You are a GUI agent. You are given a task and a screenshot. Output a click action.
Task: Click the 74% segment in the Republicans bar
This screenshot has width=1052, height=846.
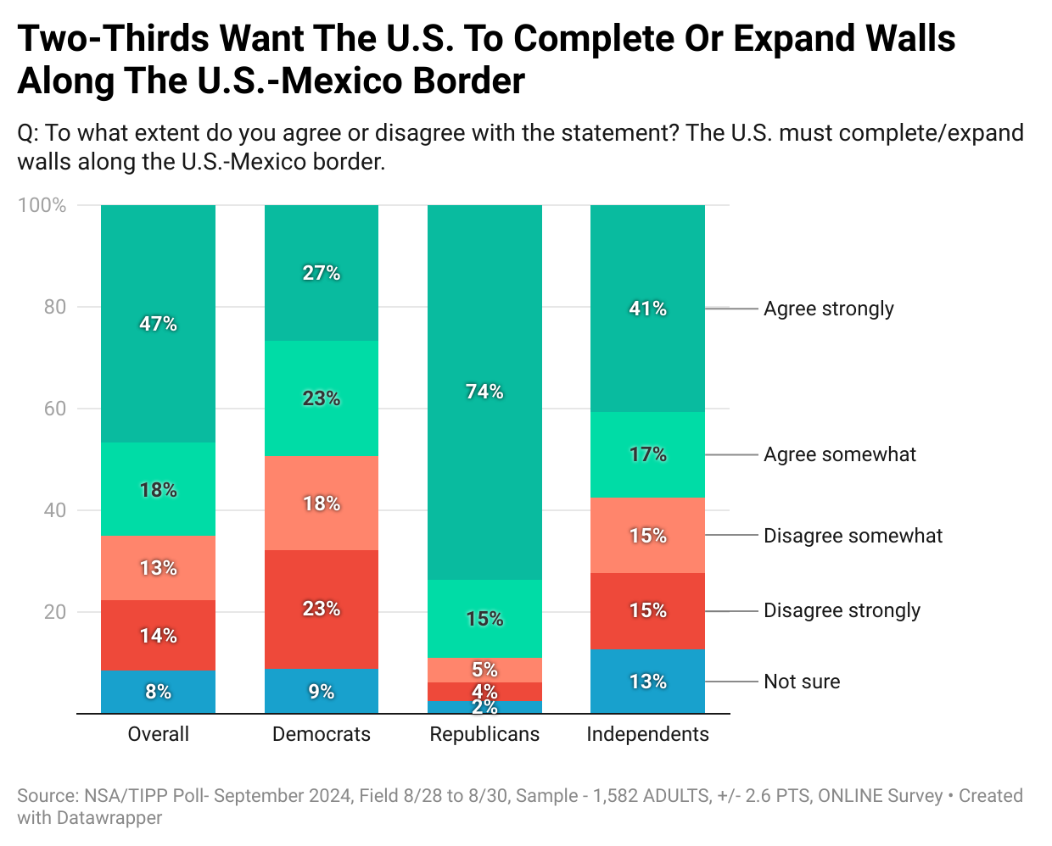tap(484, 392)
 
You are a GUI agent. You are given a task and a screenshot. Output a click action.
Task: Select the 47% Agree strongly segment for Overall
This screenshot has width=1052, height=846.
tap(158, 324)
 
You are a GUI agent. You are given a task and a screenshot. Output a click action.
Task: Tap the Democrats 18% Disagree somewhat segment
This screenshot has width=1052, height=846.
tap(322, 504)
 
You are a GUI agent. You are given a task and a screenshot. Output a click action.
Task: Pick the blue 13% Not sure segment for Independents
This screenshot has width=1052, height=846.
tap(647, 682)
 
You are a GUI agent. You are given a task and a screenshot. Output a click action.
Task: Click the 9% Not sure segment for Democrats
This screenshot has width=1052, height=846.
tap(322, 692)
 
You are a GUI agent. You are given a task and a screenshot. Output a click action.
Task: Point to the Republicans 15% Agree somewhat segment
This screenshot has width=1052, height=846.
tap(484, 619)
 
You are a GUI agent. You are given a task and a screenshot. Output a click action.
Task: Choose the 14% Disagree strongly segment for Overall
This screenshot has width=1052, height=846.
tap(158, 636)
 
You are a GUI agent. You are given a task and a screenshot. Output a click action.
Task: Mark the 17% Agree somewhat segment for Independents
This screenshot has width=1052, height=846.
tap(647, 454)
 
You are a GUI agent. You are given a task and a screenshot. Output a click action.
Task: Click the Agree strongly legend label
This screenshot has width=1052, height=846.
tap(828, 309)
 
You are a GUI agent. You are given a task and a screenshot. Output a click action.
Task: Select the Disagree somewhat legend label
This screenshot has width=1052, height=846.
tap(853, 536)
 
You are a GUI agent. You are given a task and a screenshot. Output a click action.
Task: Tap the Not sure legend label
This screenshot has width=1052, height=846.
tap(802, 682)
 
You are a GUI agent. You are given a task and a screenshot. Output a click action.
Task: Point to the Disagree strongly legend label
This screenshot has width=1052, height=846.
tap(842, 610)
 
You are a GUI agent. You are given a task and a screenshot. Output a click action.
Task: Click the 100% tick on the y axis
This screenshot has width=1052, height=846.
tap(42, 205)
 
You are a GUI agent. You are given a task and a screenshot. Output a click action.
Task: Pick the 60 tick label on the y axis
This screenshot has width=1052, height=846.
tap(55, 409)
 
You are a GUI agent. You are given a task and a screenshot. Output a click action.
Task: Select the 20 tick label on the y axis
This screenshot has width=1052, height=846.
tap(55, 612)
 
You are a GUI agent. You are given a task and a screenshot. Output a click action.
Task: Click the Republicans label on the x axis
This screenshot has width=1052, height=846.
tap(484, 734)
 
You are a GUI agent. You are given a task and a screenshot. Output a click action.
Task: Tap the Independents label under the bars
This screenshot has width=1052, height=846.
tap(647, 734)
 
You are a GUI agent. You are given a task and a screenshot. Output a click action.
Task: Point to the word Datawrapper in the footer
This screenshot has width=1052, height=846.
tap(109, 818)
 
